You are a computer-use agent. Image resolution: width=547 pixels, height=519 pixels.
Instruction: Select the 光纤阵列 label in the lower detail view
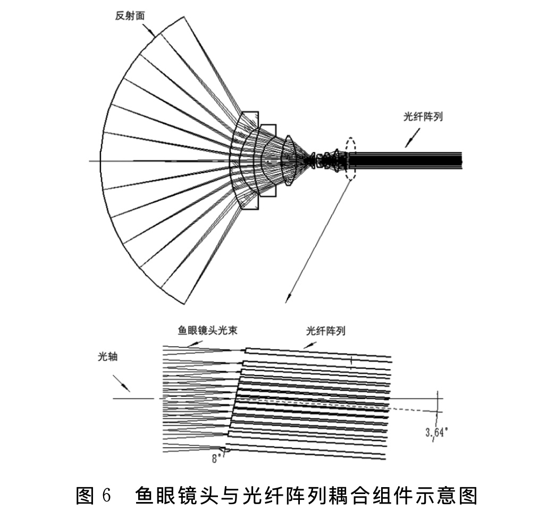click(326, 330)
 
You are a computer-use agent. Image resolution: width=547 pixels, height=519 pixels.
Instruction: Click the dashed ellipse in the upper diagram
click(350, 159)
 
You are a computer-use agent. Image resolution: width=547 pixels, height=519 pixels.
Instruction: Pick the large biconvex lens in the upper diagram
click(289, 160)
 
